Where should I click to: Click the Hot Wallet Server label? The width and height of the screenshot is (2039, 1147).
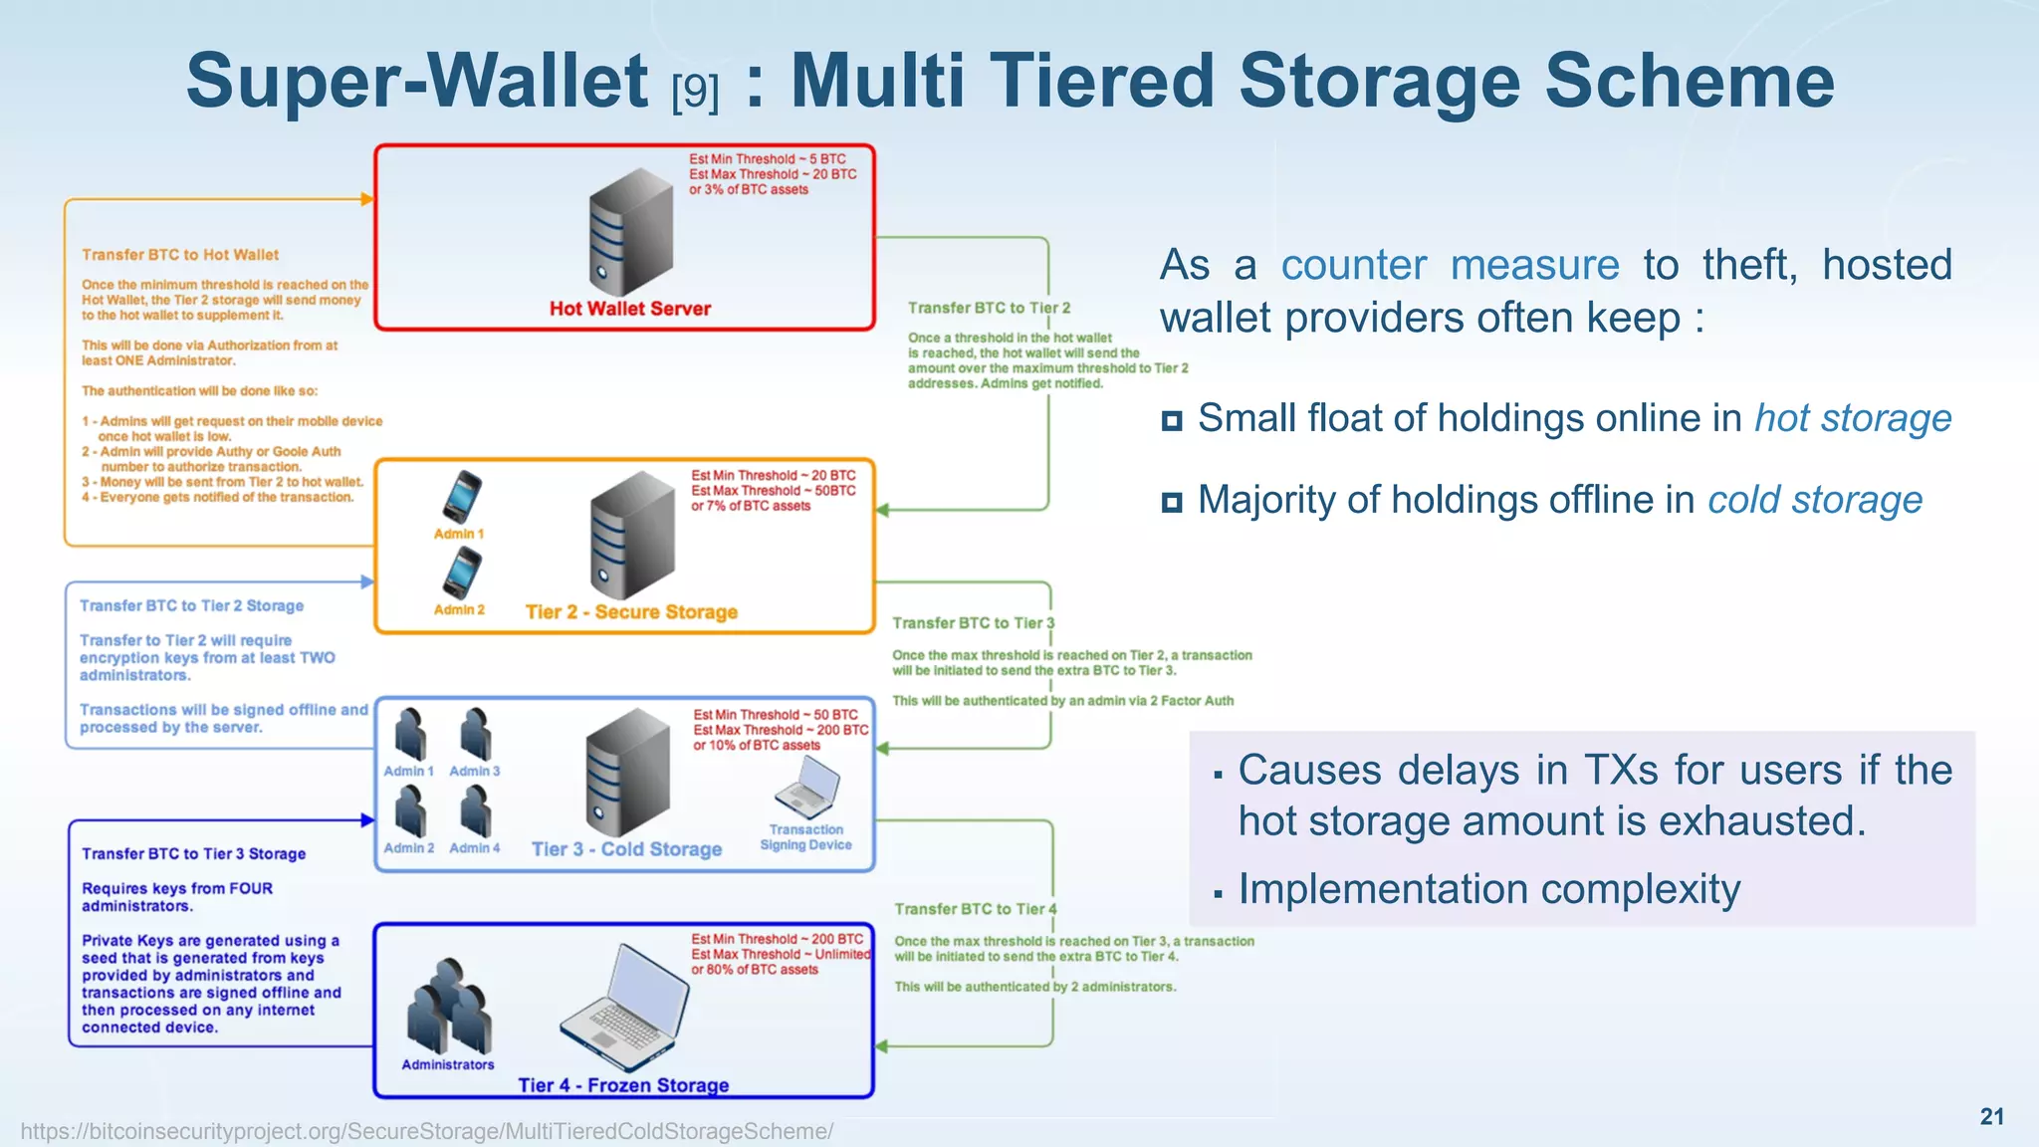[630, 309]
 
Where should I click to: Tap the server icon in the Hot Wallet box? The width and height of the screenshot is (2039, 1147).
[630, 231]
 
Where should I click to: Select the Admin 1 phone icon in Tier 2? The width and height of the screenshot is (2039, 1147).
[462, 496]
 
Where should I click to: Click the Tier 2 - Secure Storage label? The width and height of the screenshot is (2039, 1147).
[631, 612]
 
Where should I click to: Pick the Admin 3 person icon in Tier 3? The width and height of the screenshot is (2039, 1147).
[475, 735]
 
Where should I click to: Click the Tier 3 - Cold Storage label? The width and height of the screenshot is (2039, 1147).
[626, 849]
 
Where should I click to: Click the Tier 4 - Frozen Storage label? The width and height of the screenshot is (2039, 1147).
[623, 1085]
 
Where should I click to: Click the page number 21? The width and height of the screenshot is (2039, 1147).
[1991, 1116]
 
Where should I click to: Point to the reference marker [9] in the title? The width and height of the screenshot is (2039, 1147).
[695, 93]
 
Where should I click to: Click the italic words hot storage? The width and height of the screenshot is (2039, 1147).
[1852, 418]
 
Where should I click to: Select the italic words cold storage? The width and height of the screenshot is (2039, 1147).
[1815, 500]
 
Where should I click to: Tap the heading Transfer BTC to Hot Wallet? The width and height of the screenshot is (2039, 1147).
[180, 255]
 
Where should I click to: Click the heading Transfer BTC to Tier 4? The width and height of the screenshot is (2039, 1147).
[975, 909]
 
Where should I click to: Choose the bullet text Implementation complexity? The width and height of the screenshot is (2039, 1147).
[1488, 889]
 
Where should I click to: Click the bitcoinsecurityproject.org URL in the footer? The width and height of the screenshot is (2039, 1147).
[427, 1131]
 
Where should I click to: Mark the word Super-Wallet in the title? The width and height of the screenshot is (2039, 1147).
[417, 82]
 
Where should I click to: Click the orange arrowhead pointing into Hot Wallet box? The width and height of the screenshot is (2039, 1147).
[367, 199]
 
